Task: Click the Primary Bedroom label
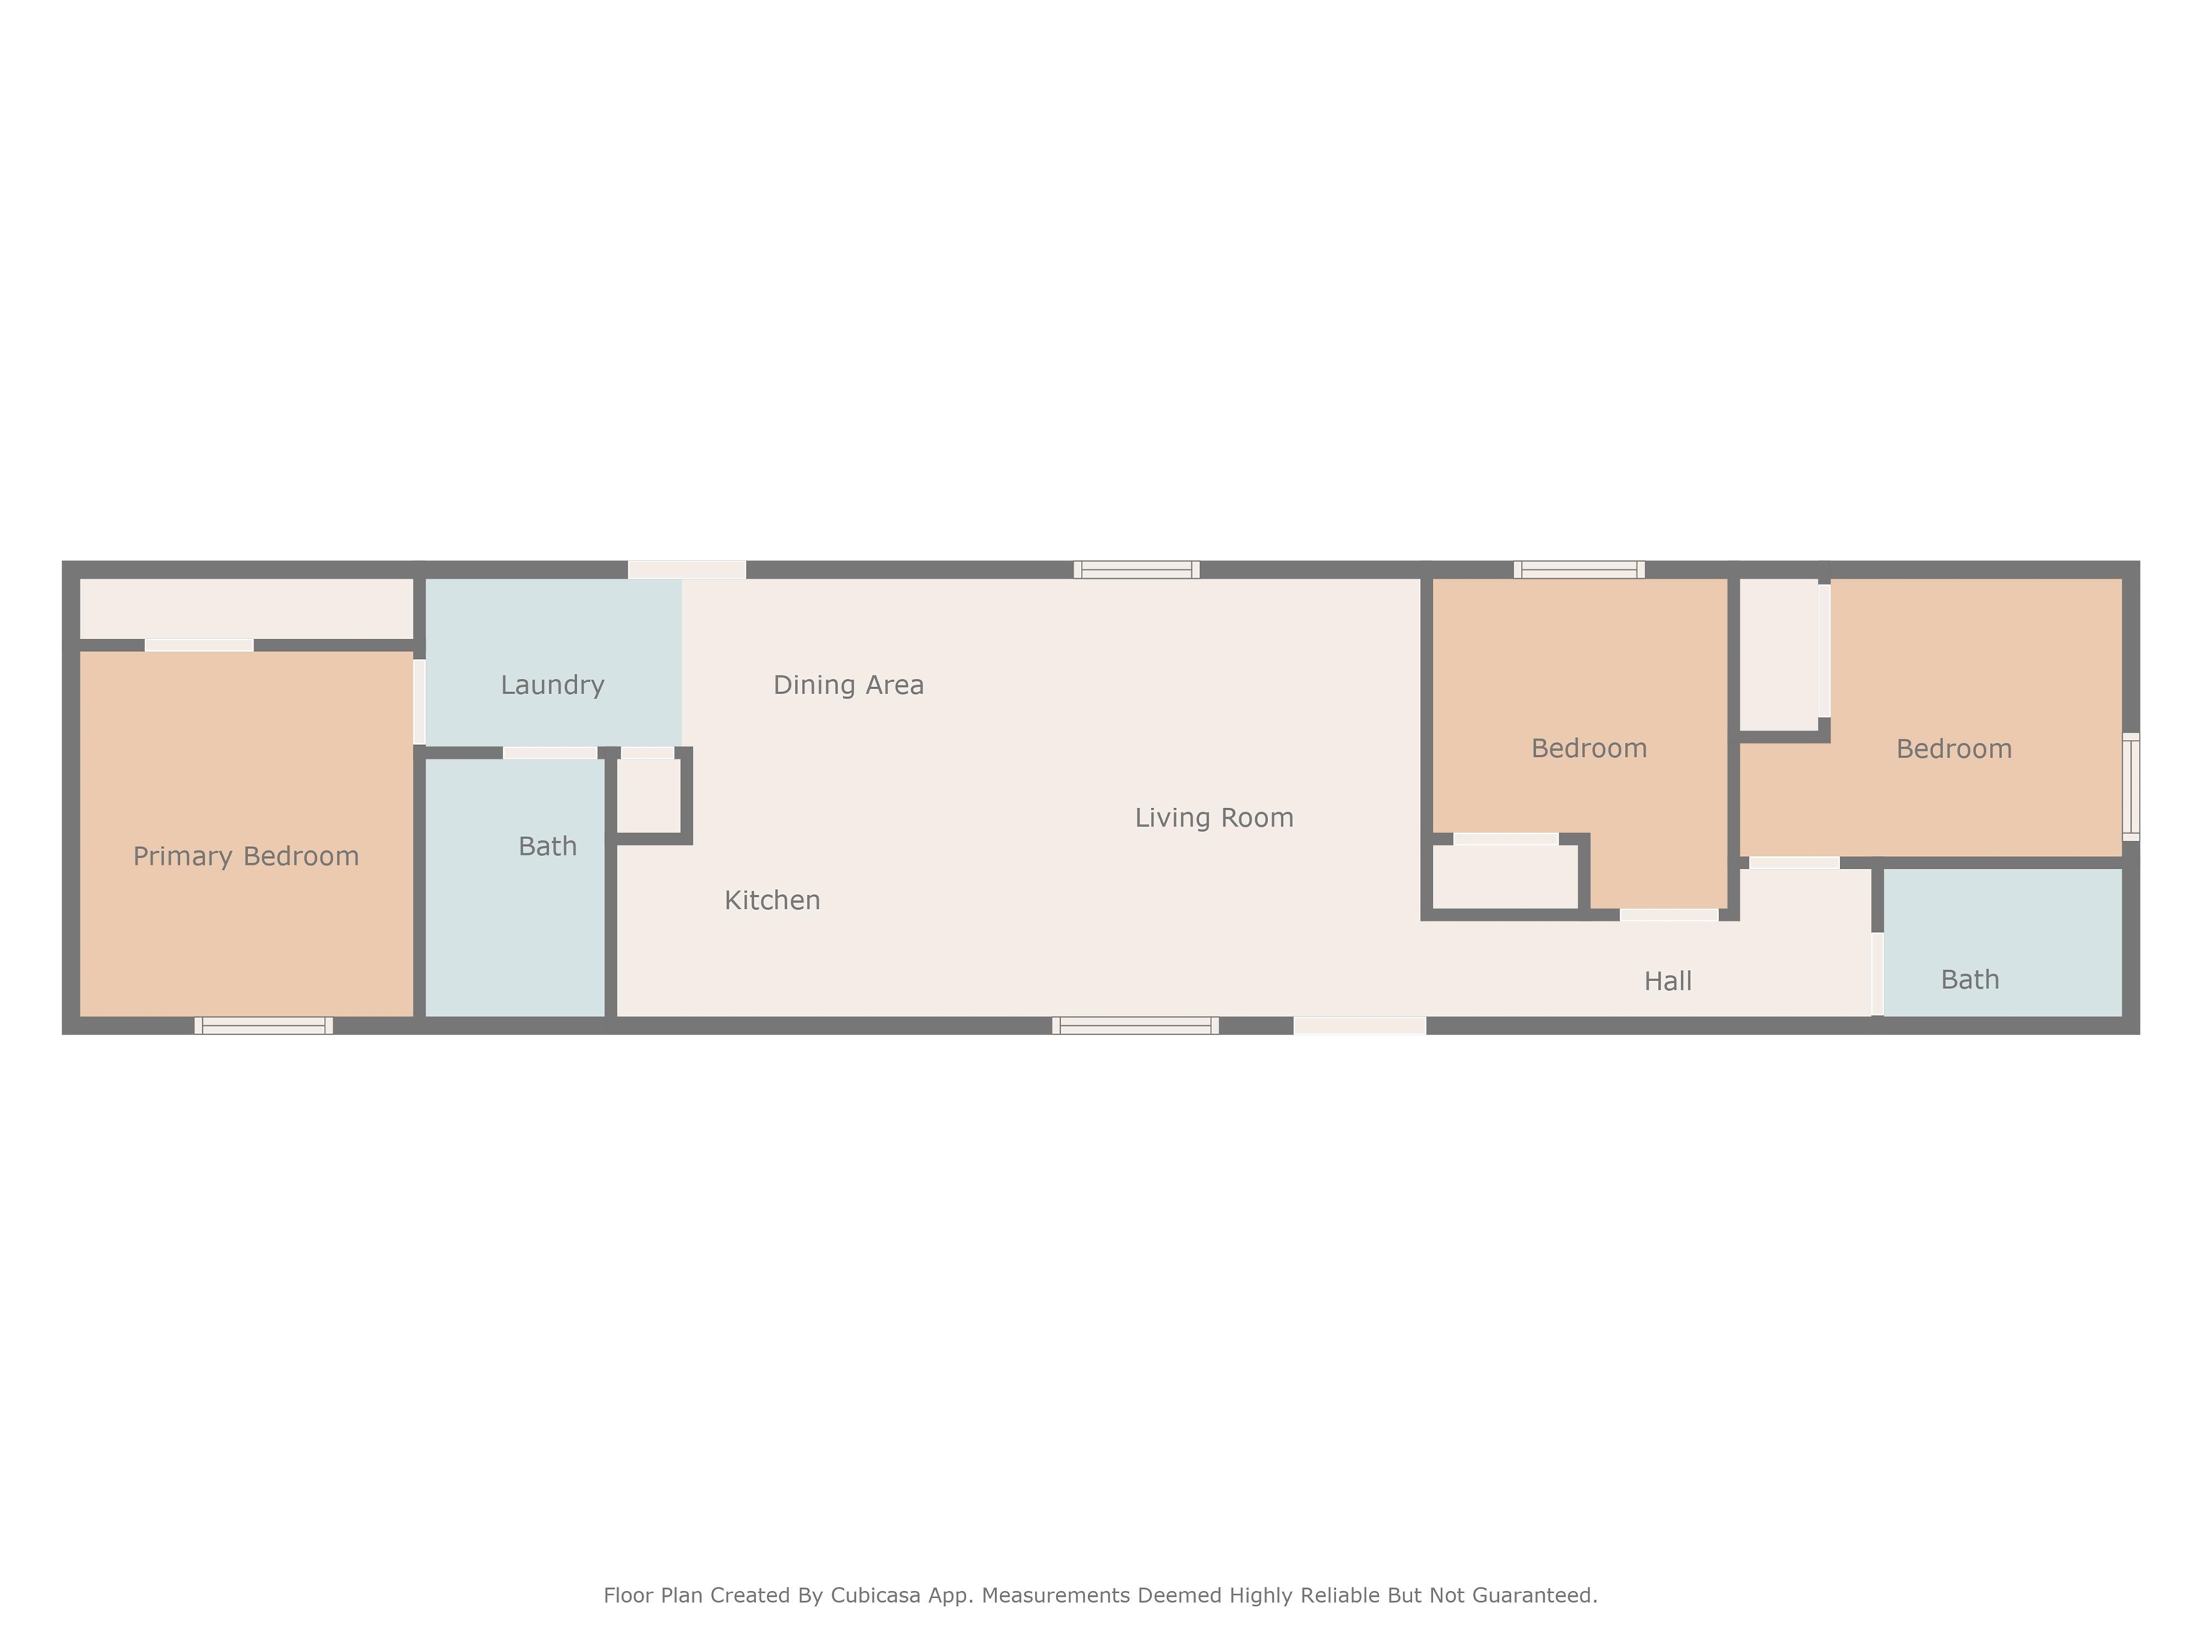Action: point(246,856)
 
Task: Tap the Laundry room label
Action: point(553,685)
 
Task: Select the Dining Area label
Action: point(848,685)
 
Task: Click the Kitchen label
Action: point(773,900)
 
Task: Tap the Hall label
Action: point(1667,982)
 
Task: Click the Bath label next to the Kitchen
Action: point(548,846)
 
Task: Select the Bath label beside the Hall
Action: point(1970,980)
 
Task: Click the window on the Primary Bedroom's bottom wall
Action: point(264,1025)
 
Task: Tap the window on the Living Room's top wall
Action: point(1136,569)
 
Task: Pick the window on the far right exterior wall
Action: point(2130,787)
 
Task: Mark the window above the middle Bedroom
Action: point(1579,569)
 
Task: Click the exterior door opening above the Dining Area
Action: point(687,569)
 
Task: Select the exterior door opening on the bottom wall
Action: point(1360,1025)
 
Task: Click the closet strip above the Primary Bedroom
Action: point(246,609)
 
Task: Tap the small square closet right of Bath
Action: point(648,794)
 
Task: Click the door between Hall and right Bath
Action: point(1877,974)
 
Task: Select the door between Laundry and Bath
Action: point(550,753)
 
